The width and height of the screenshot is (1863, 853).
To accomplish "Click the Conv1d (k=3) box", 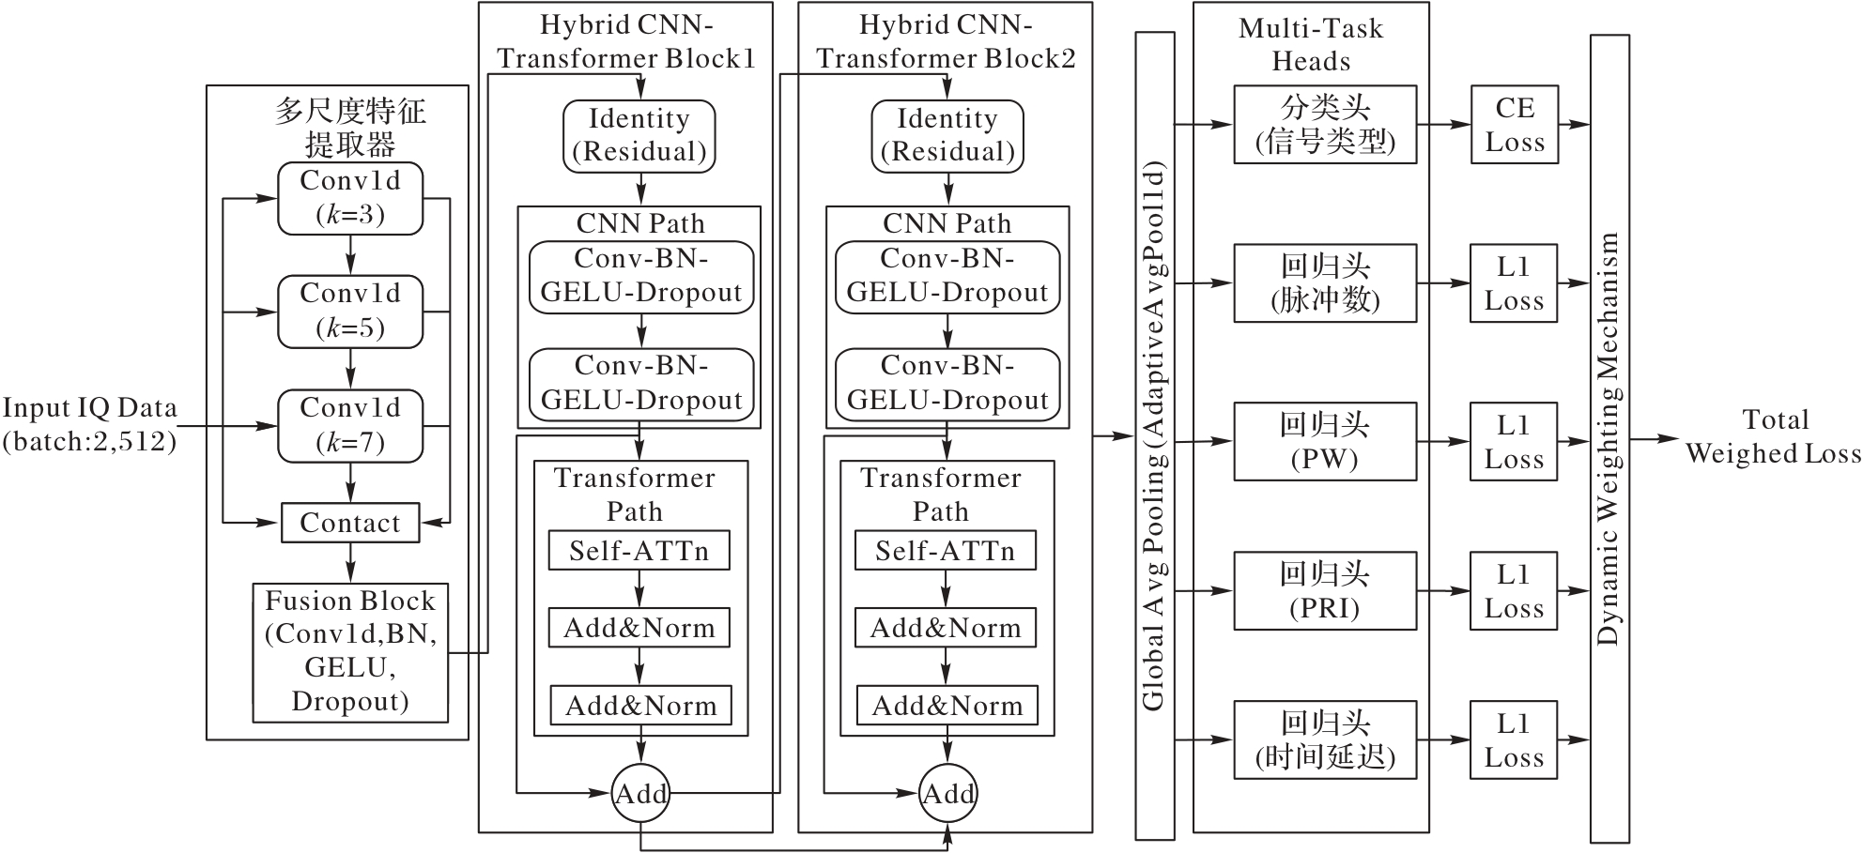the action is pos(350,199).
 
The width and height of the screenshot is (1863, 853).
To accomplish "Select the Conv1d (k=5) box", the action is pos(350,312).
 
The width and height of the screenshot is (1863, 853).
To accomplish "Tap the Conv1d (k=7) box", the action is pos(350,426).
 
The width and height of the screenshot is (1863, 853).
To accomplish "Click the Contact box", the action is pos(350,523).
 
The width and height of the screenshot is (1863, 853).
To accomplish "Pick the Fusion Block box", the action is pos(350,652).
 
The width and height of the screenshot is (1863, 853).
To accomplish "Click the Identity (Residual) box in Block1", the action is pos(639,136).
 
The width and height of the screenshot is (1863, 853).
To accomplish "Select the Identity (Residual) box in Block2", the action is pos(947,136).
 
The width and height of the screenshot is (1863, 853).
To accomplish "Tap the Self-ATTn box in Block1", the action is pos(639,551).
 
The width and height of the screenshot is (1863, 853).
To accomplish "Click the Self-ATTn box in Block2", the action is pos(946,551).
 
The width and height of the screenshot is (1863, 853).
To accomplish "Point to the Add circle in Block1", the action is pos(641,794).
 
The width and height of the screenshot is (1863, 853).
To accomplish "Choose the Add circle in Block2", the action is pos(947,794).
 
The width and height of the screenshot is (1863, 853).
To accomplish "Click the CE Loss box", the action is pos(1515,125).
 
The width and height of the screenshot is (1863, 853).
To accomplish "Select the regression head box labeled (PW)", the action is pos(1325,442).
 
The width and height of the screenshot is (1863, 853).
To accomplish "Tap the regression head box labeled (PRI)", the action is pos(1325,590).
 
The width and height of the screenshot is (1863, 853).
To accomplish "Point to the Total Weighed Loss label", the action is pos(1773,436).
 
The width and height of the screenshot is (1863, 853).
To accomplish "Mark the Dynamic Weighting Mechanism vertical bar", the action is pos(1609,439).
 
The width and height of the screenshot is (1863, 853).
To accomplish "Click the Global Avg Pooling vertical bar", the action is pos(1155,436).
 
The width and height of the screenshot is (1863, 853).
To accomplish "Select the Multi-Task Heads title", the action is pos(1311,44).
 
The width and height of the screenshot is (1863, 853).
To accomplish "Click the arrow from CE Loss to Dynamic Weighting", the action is pos(1575,124).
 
